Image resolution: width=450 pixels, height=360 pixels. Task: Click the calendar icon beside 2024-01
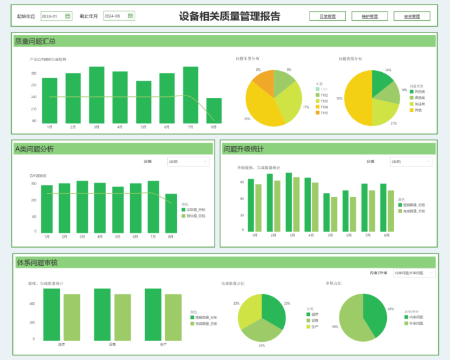coord(68,16)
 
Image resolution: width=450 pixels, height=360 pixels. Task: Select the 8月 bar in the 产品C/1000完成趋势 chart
coord(214,110)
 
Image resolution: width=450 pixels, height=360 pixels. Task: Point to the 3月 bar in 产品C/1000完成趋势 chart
coord(97,95)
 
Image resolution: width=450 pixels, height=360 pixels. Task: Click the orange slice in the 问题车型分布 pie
coord(264,83)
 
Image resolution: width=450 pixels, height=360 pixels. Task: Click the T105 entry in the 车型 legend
coord(323,113)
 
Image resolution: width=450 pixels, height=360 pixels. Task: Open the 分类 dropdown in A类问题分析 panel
coord(188,161)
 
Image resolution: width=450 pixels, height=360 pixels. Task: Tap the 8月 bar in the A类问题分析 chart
coord(171,213)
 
